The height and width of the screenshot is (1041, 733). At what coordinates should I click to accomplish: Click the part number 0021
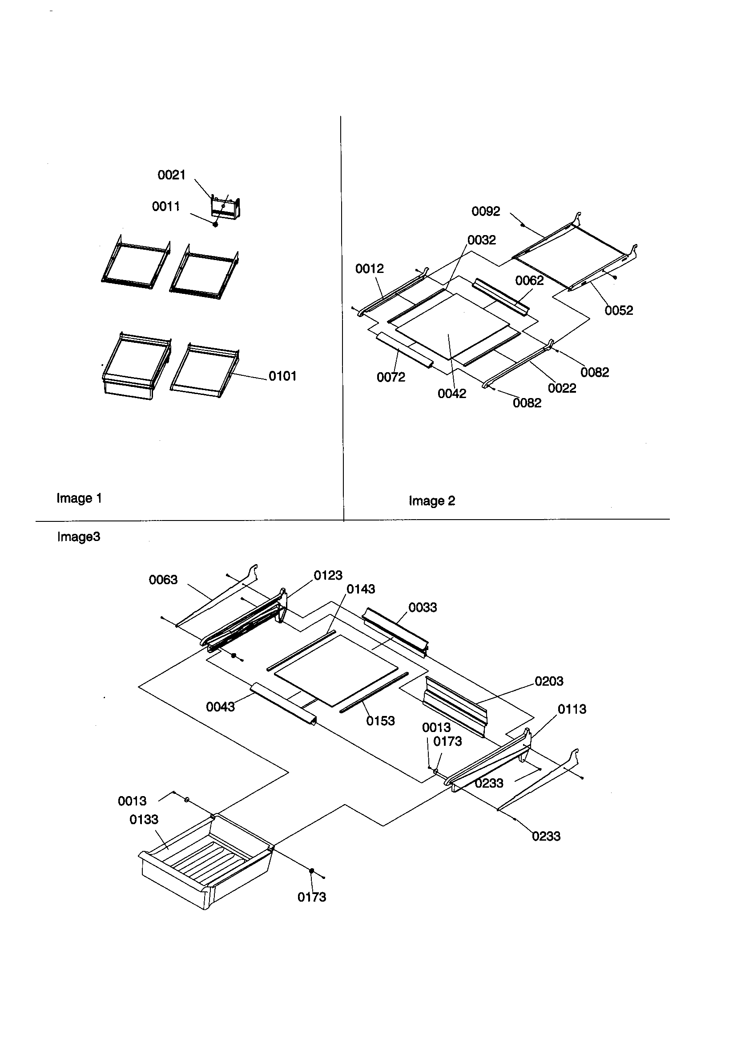pos(171,175)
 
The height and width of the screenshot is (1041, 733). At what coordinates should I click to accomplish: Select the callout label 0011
pos(166,207)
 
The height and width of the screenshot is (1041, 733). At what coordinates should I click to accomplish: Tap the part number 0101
pos(282,376)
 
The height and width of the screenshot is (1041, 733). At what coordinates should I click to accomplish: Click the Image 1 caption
pos(79,498)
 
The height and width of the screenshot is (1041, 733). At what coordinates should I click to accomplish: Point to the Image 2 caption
pos(431,501)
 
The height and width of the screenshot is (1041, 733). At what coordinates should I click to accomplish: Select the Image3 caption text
pos(78,537)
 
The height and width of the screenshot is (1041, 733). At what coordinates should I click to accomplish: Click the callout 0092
pos(486,211)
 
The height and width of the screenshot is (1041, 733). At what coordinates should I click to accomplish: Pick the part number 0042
pos(451,394)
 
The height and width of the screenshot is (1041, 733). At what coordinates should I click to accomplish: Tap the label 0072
pos(391,377)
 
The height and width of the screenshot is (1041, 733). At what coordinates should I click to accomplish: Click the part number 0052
pos(618,311)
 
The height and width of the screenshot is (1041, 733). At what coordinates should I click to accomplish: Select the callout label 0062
pos(529,281)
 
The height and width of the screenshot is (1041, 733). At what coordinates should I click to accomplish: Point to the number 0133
pos(144,819)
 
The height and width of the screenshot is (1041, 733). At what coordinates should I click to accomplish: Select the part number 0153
pos(380,721)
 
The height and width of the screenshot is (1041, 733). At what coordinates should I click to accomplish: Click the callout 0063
pos(163,580)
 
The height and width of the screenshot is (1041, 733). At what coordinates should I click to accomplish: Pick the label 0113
pos(571,709)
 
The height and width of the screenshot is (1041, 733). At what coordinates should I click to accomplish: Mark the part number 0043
pos(220,707)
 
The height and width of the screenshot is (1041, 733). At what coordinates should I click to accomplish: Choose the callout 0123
pos(327,575)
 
